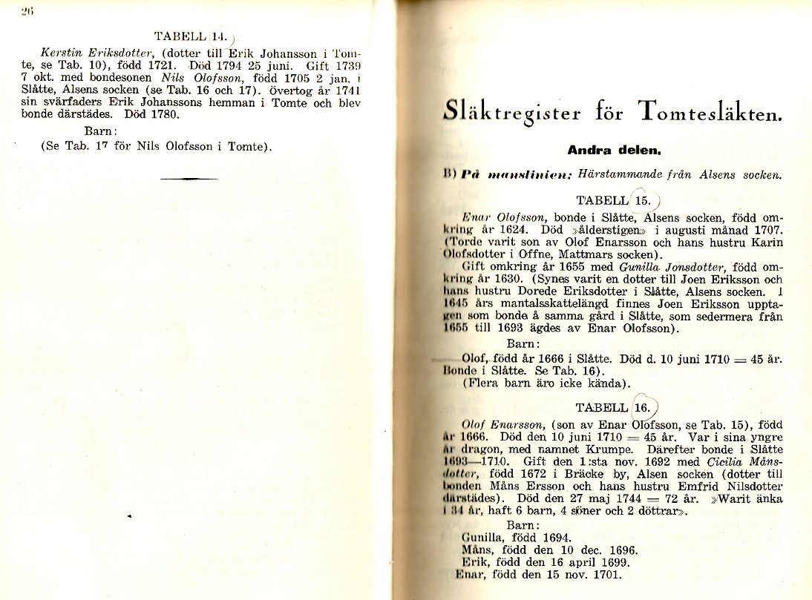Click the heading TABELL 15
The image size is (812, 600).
click(x=614, y=200)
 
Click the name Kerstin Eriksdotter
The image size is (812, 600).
click(x=98, y=53)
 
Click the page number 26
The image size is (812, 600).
click(x=27, y=10)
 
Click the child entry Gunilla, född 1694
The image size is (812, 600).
click(x=516, y=538)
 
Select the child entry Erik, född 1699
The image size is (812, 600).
click(x=545, y=562)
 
